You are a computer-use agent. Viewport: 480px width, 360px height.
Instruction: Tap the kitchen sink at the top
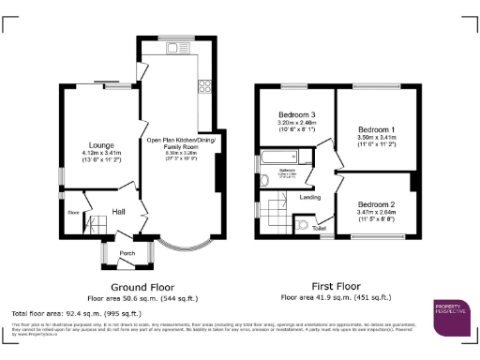(x=173, y=47)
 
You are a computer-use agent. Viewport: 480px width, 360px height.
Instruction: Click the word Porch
(x=127, y=252)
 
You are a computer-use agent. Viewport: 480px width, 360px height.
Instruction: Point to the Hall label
(x=119, y=212)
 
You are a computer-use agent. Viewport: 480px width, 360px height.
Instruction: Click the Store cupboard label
(x=72, y=212)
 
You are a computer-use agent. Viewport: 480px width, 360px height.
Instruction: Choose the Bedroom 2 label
(x=375, y=203)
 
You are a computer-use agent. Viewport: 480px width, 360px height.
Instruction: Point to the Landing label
(x=310, y=197)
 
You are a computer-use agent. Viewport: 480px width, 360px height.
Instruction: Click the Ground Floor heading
(x=138, y=286)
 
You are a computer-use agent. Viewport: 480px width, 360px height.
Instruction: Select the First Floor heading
(x=336, y=286)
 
